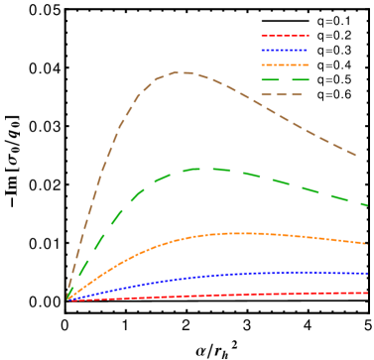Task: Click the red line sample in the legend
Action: [x=285, y=36]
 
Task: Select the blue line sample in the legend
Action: [x=285, y=50]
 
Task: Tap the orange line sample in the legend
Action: [x=285, y=64]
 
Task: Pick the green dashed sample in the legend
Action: [x=285, y=79]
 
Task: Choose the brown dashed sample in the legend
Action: [x=282, y=94]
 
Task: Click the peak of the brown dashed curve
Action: [x=183, y=72]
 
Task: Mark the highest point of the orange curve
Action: [x=243, y=233]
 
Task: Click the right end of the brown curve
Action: [x=356, y=156]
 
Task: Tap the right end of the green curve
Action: [x=368, y=205]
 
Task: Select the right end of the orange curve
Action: [x=367, y=243]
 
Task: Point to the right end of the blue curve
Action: [x=368, y=272]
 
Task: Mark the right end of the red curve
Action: [x=368, y=293]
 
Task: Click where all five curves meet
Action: [x=67, y=298]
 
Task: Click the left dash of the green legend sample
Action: [x=269, y=79]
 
